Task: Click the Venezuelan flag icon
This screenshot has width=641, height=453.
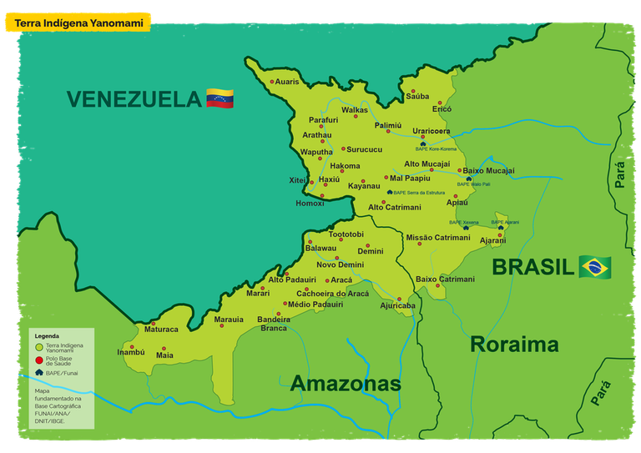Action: pyautogui.click(x=220, y=98)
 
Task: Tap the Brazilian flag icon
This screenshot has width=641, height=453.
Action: pyautogui.click(x=595, y=267)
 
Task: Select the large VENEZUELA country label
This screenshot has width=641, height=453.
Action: pyautogui.click(x=134, y=99)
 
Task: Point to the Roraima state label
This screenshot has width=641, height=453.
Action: pyautogui.click(x=514, y=344)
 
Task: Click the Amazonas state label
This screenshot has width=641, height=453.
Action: pyautogui.click(x=346, y=384)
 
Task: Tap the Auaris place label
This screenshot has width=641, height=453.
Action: pyautogui.click(x=286, y=82)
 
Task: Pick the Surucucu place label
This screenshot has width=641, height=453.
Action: pyautogui.click(x=364, y=149)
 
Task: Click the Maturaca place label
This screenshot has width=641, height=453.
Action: pyautogui.click(x=161, y=330)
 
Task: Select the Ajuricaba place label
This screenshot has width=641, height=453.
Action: pyautogui.click(x=397, y=305)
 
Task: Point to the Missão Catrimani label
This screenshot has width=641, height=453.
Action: pyautogui.click(x=438, y=238)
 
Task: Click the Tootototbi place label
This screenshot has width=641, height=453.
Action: pyautogui.click(x=346, y=234)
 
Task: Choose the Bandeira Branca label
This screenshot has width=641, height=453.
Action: pyautogui.click(x=274, y=324)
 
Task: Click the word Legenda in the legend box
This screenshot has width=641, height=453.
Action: pyautogui.click(x=47, y=335)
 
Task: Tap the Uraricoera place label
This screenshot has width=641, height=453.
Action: pyautogui.click(x=431, y=131)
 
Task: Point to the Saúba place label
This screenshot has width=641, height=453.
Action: pyautogui.click(x=417, y=97)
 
